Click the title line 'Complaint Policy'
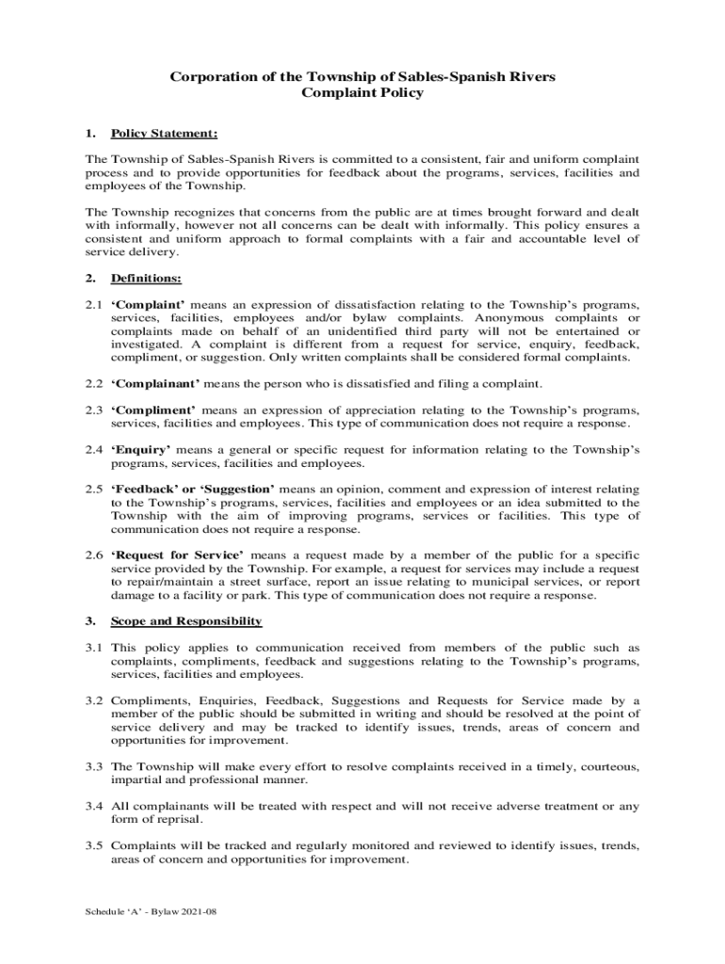tap(362, 93)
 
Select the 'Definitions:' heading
tap(146, 279)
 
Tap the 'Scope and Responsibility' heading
tap(185, 622)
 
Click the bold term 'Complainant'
tap(155, 384)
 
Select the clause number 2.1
tap(93, 305)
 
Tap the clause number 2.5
tap(93, 490)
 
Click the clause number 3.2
tap(93, 700)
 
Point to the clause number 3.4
tap(93, 806)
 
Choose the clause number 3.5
tap(93, 845)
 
